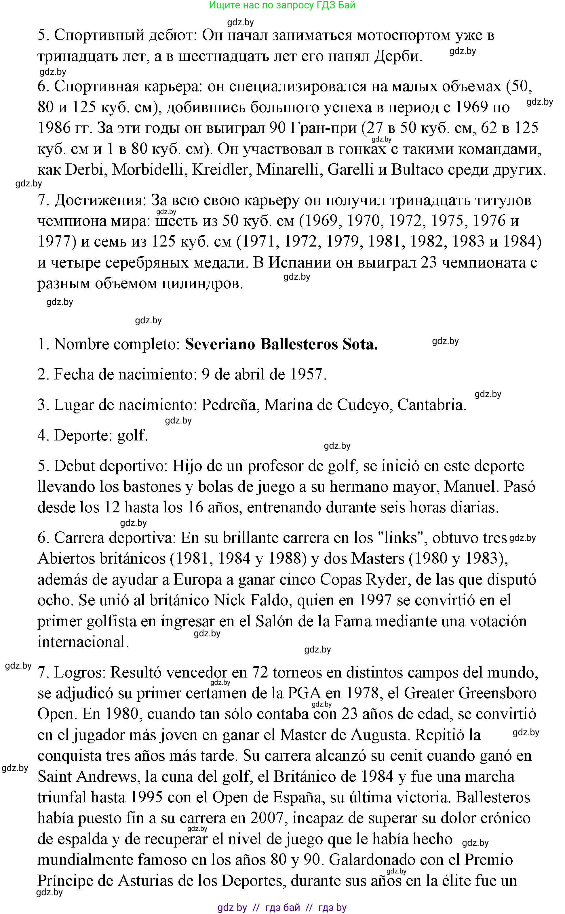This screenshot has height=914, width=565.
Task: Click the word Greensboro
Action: [497, 694]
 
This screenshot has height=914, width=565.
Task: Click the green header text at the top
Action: [282, 5]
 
